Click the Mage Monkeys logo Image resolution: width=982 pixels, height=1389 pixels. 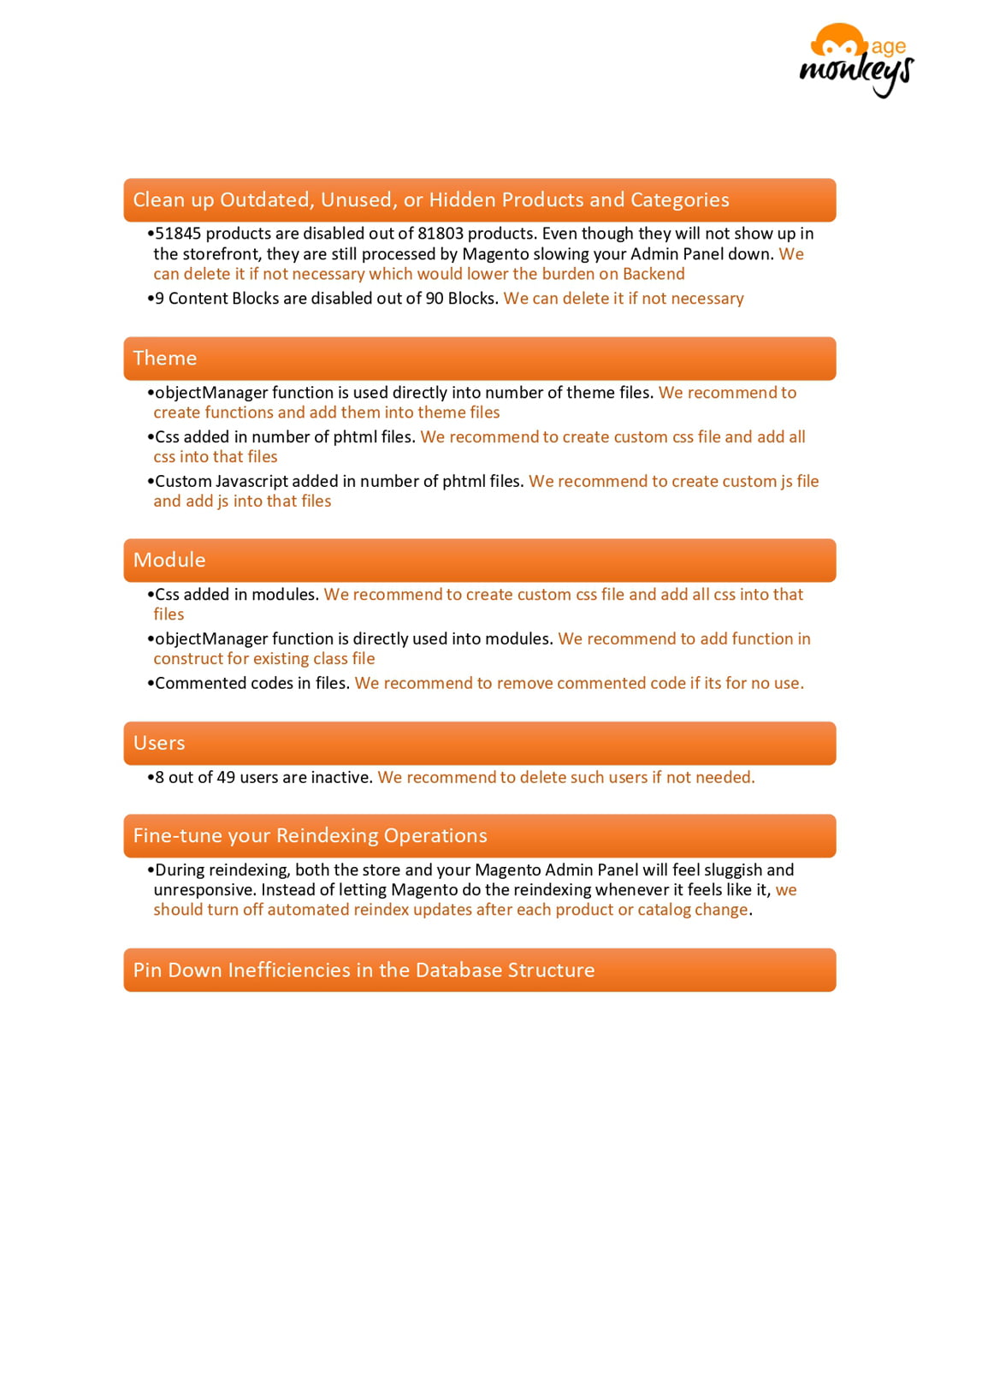pyautogui.click(x=856, y=60)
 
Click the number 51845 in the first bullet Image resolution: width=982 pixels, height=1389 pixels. pyautogui.click(x=178, y=234)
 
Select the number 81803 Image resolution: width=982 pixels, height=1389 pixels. pyautogui.click(x=441, y=234)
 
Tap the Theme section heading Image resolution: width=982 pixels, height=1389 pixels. pyautogui.click(x=165, y=359)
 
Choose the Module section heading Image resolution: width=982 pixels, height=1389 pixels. pyautogui.click(x=169, y=561)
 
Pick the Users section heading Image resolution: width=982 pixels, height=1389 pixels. pyautogui.click(x=159, y=744)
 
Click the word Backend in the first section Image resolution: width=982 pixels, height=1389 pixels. pyautogui.click(x=654, y=275)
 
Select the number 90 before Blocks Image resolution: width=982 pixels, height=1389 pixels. pyautogui.click(x=435, y=299)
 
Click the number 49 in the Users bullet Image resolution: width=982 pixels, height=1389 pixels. pyautogui.click(x=226, y=778)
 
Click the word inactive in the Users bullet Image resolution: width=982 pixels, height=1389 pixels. pyautogui.click(x=341, y=778)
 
